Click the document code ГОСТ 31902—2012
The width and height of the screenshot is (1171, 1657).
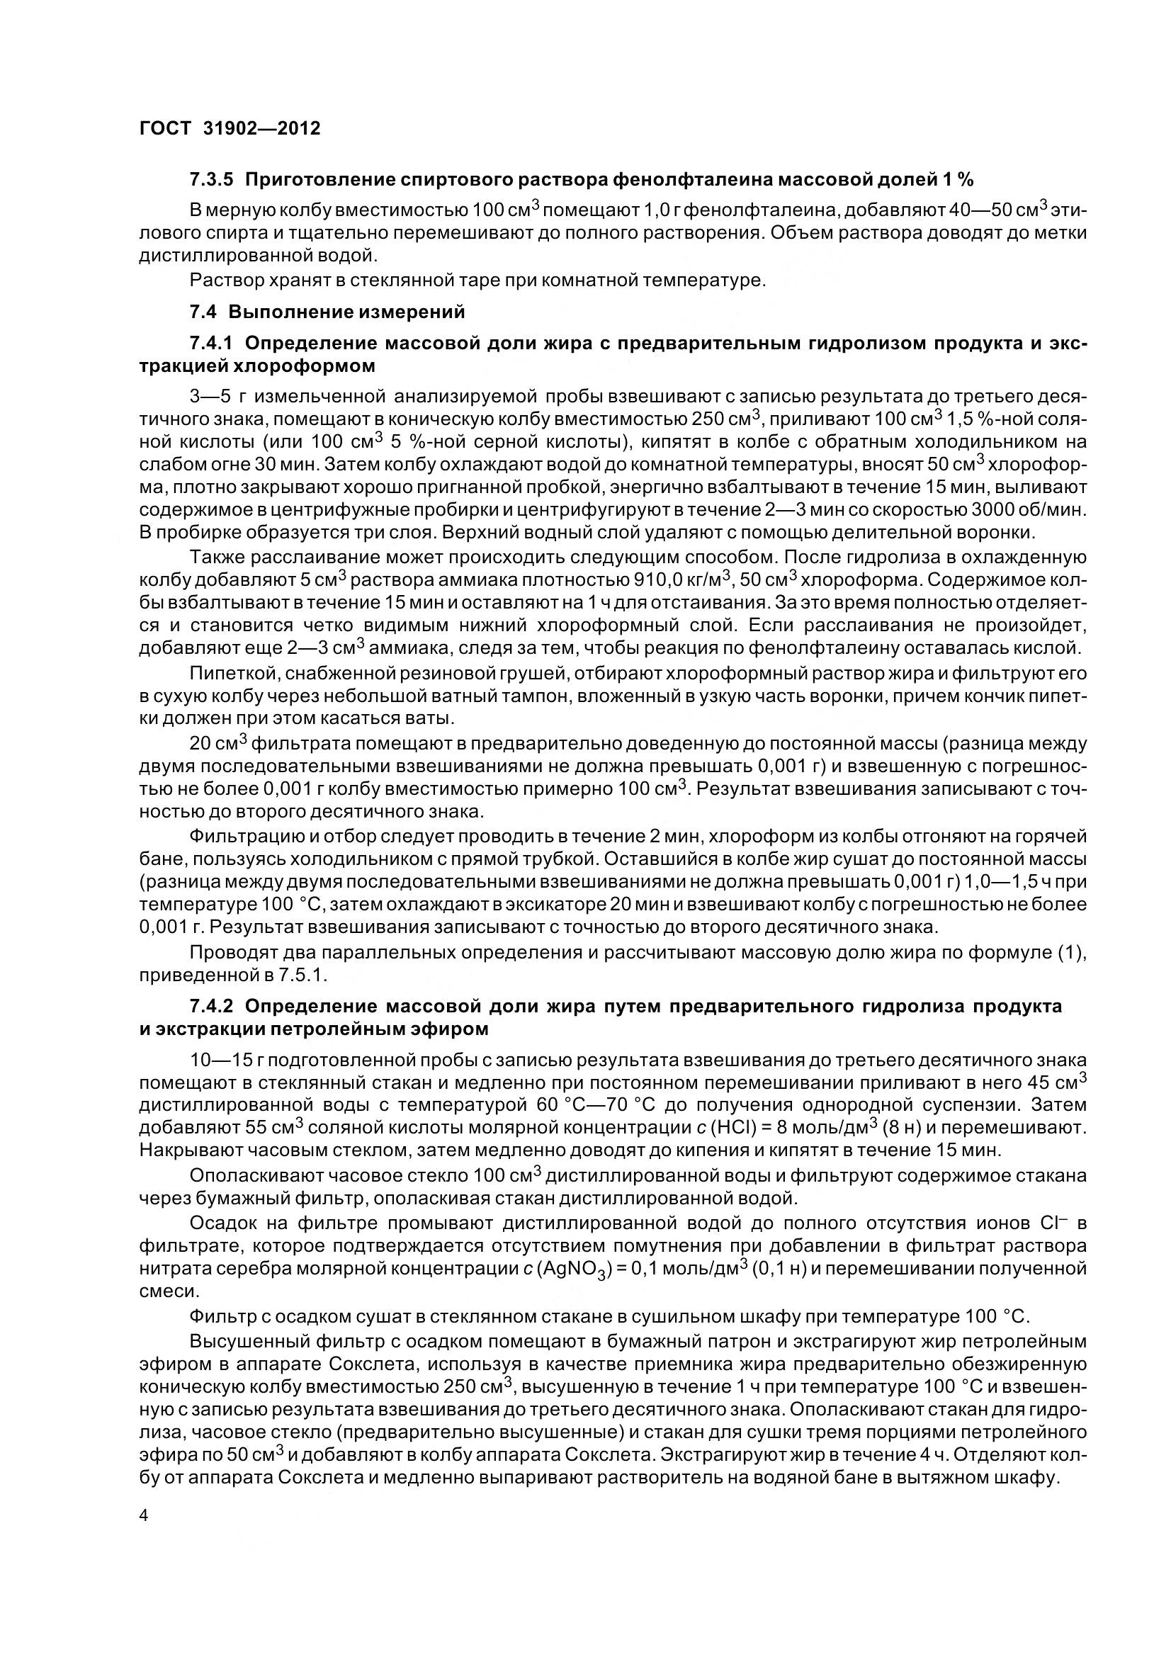[x=230, y=128]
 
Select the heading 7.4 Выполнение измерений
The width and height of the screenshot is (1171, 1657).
[x=327, y=312]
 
